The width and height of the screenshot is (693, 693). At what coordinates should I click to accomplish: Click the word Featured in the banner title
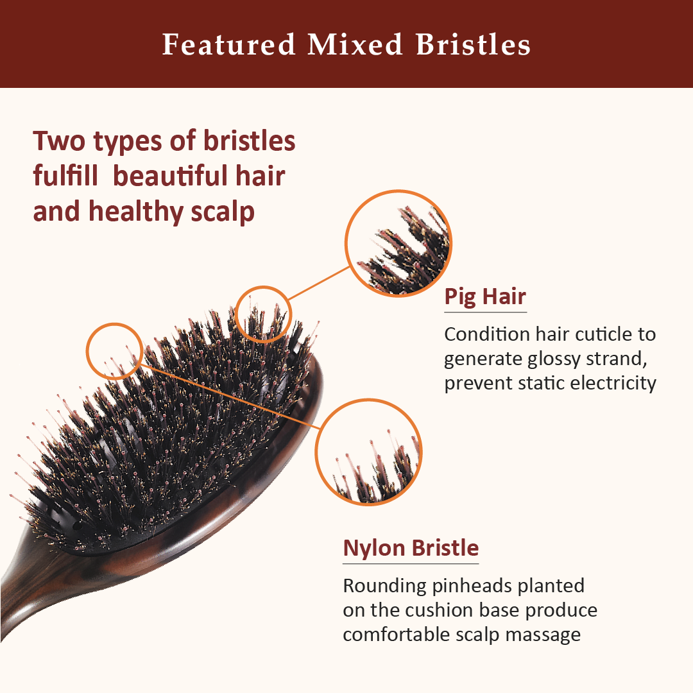[228, 45]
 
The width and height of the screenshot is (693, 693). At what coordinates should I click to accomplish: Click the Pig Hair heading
[485, 297]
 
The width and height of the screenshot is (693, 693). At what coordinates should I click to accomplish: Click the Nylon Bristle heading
[411, 549]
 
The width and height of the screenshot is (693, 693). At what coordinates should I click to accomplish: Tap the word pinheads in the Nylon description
[471, 586]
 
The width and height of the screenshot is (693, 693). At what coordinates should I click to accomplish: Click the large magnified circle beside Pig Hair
[398, 244]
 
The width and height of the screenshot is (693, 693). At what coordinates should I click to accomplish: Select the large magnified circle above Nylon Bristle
[368, 452]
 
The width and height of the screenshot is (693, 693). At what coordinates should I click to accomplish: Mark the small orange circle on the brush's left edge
[114, 350]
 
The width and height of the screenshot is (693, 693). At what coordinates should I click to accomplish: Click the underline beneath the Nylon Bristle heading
[411, 564]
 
